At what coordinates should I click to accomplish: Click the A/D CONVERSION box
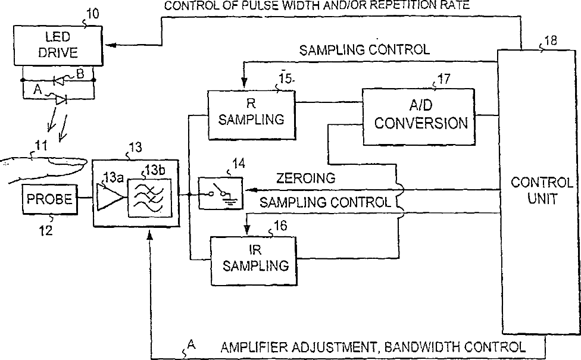tap(421, 116)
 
